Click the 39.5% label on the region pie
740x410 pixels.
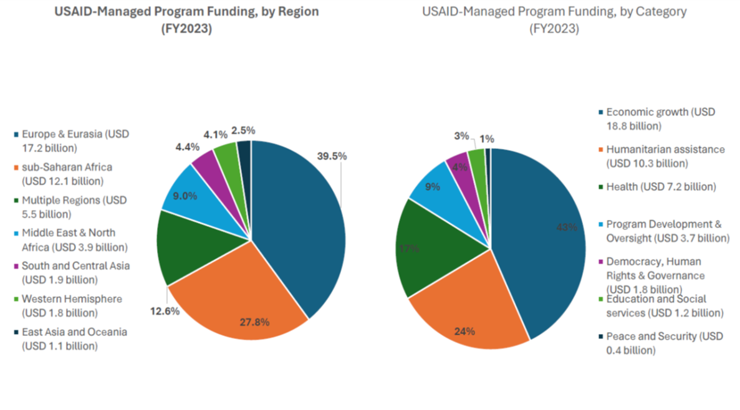pyautogui.click(x=331, y=156)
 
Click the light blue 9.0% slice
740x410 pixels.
pyautogui.click(x=185, y=196)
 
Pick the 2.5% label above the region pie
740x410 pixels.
pyautogui.click(x=243, y=130)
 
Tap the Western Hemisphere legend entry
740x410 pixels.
pyautogui.click(x=71, y=305)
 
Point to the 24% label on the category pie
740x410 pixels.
pyautogui.click(x=464, y=331)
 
